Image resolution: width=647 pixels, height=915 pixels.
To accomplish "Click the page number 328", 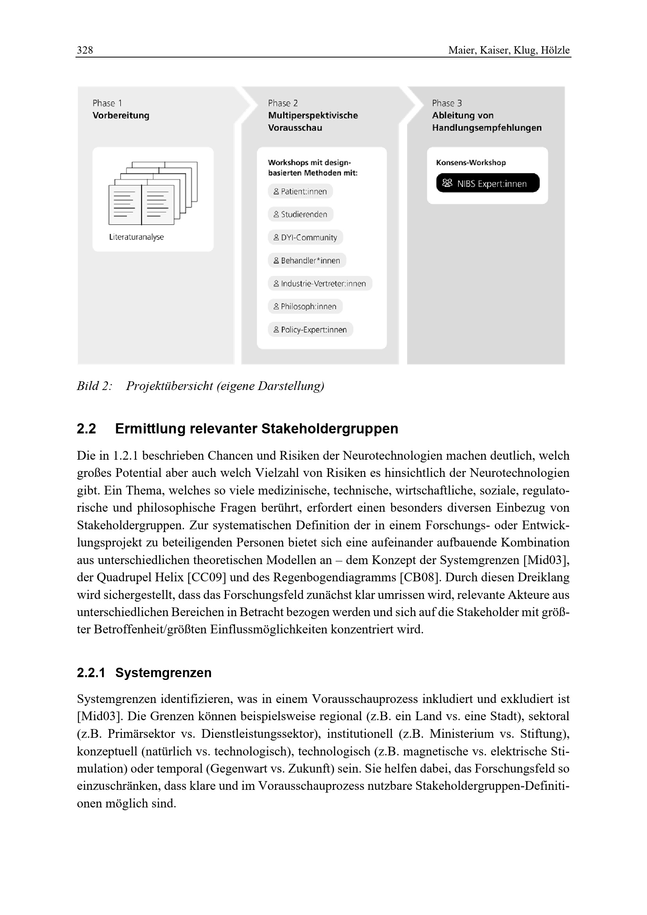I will (85, 50).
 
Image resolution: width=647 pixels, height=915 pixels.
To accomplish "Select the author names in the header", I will (509, 50).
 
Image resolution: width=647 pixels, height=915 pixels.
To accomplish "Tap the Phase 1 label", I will (107, 103).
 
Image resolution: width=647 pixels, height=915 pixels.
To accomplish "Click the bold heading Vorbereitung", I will (121, 115).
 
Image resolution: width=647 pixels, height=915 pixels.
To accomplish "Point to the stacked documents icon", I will (153, 193).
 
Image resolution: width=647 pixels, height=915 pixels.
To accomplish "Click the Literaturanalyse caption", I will (136, 237).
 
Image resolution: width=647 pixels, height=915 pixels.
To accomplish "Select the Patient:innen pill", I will (300, 191).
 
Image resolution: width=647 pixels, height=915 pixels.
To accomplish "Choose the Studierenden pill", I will (300, 214).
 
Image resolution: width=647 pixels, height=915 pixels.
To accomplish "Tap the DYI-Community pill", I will (305, 237).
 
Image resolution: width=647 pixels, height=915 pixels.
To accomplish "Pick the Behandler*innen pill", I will (307, 261).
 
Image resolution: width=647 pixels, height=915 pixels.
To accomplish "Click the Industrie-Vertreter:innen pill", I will (320, 284).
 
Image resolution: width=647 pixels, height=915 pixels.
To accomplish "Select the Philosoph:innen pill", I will (305, 306).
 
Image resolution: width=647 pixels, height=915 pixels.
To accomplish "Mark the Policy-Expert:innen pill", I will (310, 329).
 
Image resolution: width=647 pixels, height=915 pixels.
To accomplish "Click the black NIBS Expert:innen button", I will (488, 183).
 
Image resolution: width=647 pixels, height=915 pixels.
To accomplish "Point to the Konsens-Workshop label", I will (471, 163).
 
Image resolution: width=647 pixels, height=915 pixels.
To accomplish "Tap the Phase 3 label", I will (447, 103).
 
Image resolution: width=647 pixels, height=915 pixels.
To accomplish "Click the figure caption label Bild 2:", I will (94, 386).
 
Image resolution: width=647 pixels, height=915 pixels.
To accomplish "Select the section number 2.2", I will (86, 429).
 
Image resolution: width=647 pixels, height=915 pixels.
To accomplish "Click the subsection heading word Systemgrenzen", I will (164, 673).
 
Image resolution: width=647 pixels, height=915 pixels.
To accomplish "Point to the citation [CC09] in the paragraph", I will (204, 577).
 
